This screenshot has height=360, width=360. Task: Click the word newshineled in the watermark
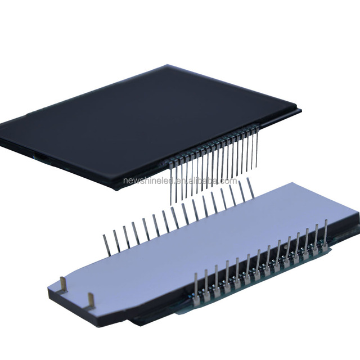(148, 181)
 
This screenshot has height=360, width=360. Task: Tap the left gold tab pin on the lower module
(63, 285)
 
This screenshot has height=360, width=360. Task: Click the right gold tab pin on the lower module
(91, 300)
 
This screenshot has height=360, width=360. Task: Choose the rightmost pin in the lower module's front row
(325, 236)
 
